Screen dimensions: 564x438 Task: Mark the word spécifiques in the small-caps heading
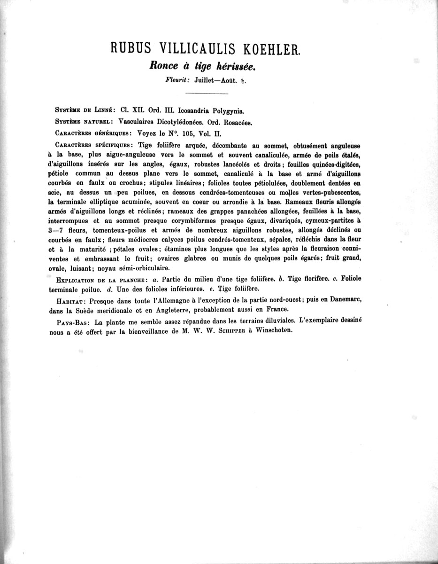[x=113, y=145]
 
